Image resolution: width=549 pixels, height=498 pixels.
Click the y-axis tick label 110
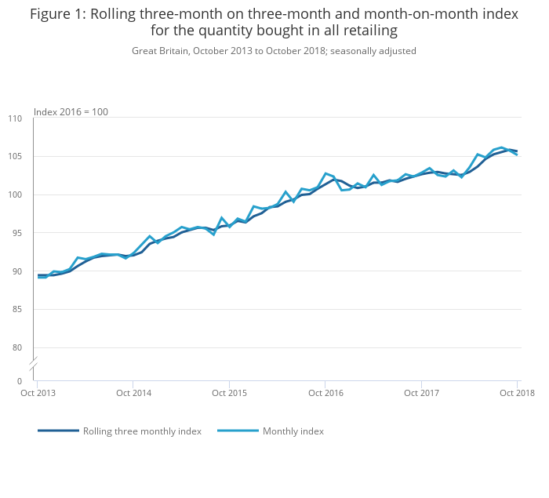15,118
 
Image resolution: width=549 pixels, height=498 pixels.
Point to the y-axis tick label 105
15,157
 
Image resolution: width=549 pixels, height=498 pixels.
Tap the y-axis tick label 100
15,194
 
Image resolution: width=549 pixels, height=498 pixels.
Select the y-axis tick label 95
17,233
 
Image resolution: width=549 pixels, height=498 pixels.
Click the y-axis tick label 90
17,271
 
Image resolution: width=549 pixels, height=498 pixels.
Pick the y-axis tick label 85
17,309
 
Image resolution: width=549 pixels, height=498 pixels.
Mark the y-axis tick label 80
17,347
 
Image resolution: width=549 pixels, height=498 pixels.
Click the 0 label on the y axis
20,381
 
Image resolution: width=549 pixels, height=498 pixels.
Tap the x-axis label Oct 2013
38,392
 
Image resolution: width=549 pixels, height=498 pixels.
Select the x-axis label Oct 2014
134,392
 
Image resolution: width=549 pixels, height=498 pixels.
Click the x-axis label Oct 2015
230,392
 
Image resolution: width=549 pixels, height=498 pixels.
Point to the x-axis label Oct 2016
326,392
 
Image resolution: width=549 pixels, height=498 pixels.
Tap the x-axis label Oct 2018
518,392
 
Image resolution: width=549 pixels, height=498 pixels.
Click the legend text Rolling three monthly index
142,431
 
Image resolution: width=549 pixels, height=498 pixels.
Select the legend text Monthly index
293,431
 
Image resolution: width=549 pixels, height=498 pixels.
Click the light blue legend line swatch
238,431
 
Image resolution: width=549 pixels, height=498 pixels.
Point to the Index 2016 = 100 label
71,112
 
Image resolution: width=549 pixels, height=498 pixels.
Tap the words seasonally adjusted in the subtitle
378,51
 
